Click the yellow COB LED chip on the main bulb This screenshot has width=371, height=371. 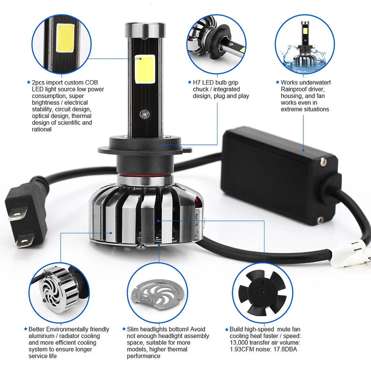[x=145, y=69]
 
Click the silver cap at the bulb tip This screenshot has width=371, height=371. [x=145, y=30]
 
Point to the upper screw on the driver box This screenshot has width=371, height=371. [x=324, y=162]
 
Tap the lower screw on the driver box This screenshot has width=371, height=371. [x=321, y=220]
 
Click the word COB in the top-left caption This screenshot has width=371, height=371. [x=91, y=83]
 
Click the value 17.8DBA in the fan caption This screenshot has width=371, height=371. [x=285, y=349]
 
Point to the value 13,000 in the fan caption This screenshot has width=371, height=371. [x=239, y=343]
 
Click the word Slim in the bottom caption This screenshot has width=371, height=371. [x=133, y=329]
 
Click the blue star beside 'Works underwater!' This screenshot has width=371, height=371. [x=278, y=82]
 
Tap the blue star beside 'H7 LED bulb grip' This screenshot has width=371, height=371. [x=189, y=82]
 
